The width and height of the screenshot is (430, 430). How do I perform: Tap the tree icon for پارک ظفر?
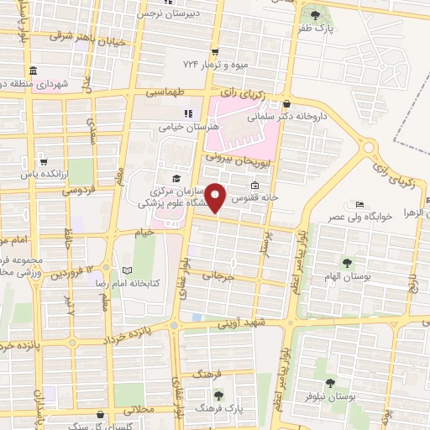pyautogui.click(x=315, y=15)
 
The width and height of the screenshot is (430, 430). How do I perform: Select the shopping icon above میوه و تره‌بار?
pyautogui.click(x=215, y=50)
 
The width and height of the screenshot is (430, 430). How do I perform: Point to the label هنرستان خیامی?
pyautogui.click(x=188, y=128)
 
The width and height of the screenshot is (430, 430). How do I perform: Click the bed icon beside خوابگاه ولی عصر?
pyautogui.click(x=359, y=205)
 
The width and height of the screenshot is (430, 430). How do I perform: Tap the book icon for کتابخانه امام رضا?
pyautogui.click(x=127, y=270)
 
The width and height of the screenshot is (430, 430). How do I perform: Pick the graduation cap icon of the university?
pyautogui.click(x=176, y=178)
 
